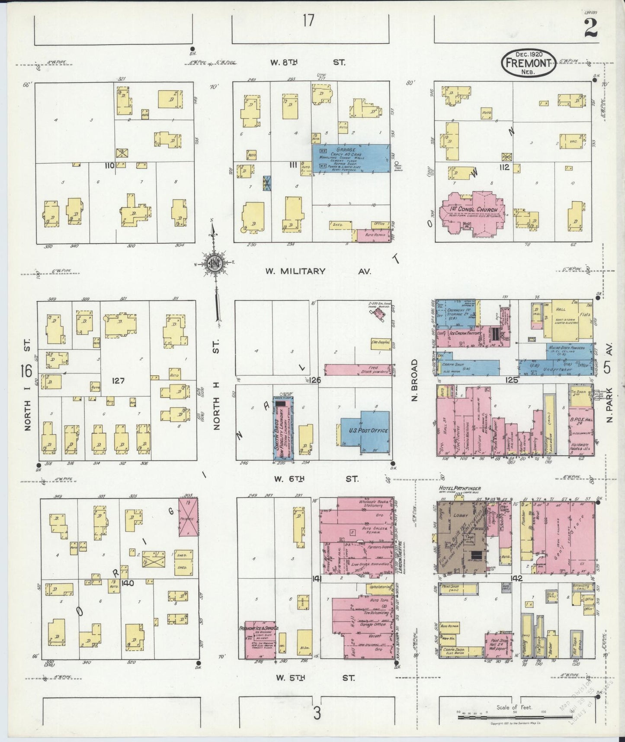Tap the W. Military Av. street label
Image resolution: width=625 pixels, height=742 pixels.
[x=318, y=271]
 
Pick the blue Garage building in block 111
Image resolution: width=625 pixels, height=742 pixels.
[x=350, y=159]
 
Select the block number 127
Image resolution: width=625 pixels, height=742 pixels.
[x=118, y=381]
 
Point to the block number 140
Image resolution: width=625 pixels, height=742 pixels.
[x=128, y=583]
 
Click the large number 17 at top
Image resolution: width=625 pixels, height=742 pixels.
[x=308, y=20]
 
